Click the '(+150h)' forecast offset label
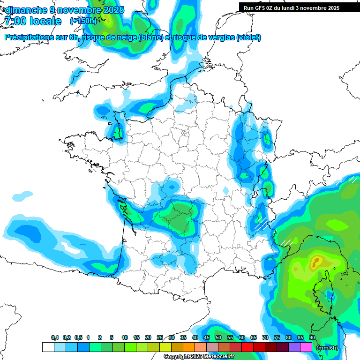83,21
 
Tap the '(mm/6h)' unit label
327,348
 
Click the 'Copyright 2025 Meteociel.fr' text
199,357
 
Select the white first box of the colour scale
48,347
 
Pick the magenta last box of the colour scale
306,347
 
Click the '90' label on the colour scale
312,337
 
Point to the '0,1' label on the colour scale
54,337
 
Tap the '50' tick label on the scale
218,337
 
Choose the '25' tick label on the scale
160,337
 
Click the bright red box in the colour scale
247,347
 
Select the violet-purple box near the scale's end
294,347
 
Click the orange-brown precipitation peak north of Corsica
317,260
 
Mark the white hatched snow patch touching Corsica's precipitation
286,243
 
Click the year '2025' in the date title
113,10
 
